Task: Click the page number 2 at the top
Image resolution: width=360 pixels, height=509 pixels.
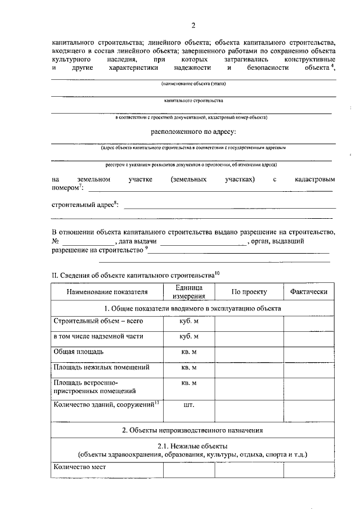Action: tap(193, 25)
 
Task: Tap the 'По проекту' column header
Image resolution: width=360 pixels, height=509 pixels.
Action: tap(249, 292)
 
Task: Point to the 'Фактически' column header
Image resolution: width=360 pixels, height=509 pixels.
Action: tap(308, 292)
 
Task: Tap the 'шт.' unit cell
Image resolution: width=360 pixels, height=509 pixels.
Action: tap(189, 404)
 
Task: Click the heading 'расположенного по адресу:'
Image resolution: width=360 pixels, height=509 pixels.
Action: tap(193, 132)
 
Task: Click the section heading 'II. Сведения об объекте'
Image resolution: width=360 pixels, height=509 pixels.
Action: tap(133, 276)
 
